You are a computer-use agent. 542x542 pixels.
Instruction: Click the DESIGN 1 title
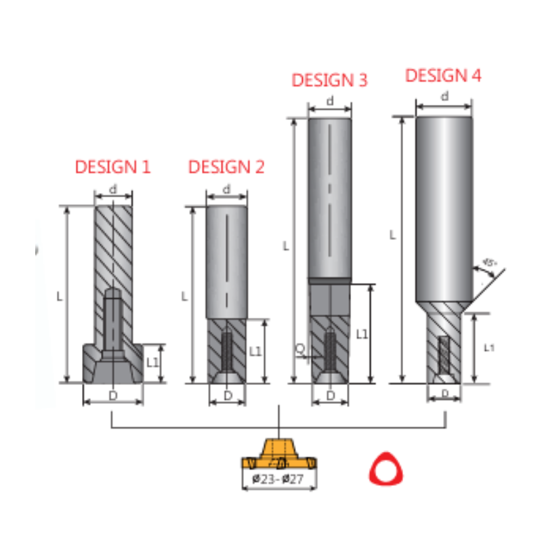click(x=112, y=167)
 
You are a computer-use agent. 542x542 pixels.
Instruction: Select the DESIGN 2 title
click(x=226, y=167)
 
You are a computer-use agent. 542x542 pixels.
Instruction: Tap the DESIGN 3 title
click(x=329, y=80)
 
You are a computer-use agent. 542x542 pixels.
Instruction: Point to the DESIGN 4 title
click(x=443, y=75)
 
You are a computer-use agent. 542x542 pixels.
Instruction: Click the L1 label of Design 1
click(x=152, y=362)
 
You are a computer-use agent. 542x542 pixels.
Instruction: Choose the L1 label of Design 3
click(x=362, y=334)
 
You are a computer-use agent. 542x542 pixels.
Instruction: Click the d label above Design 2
click(x=226, y=189)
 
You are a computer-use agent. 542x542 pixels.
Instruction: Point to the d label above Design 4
click(x=444, y=96)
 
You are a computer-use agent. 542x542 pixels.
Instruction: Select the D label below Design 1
click(x=112, y=395)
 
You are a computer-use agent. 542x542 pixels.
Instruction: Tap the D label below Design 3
click(x=331, y=395)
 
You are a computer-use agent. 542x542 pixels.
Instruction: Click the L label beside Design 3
click(x=286, y=246)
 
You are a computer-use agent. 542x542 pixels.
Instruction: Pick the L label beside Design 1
click(x=60, y=296)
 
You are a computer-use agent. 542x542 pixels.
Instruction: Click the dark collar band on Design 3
click(x=330, y=280)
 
